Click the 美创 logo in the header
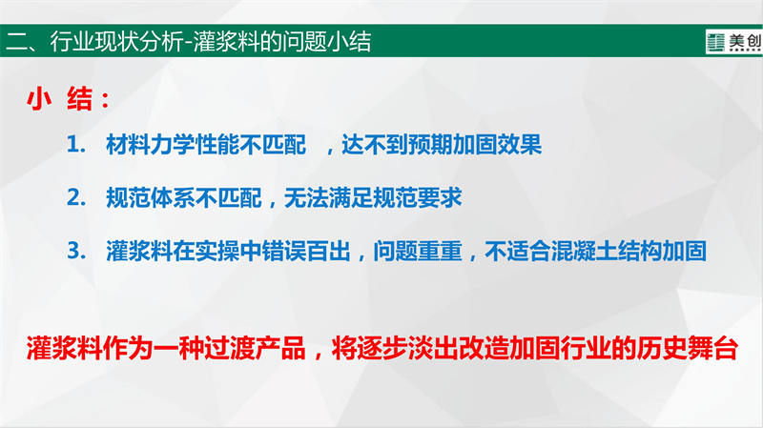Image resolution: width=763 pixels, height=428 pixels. tap(734, 42)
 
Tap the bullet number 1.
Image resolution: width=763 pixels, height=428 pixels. tap(75, 145)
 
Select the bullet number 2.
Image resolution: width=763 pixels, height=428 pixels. tap(76, 198)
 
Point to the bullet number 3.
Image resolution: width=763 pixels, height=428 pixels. tap(76, 251)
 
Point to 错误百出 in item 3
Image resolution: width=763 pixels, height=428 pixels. tap(306, 251)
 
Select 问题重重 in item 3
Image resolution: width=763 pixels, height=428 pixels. tap(418, 251)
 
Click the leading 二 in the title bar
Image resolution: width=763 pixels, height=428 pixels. tap(16, 41)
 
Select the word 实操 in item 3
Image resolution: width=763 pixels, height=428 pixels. tap(217, 251)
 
